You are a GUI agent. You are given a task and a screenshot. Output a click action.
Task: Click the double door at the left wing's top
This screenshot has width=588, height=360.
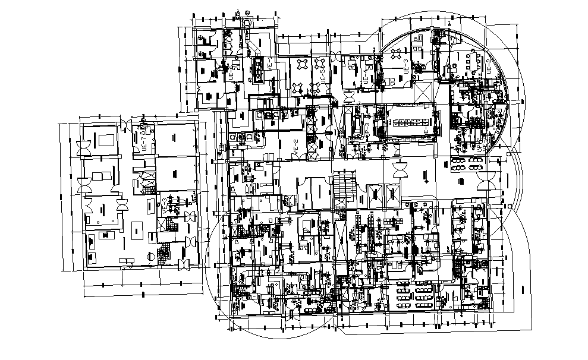(x=127, y=125)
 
